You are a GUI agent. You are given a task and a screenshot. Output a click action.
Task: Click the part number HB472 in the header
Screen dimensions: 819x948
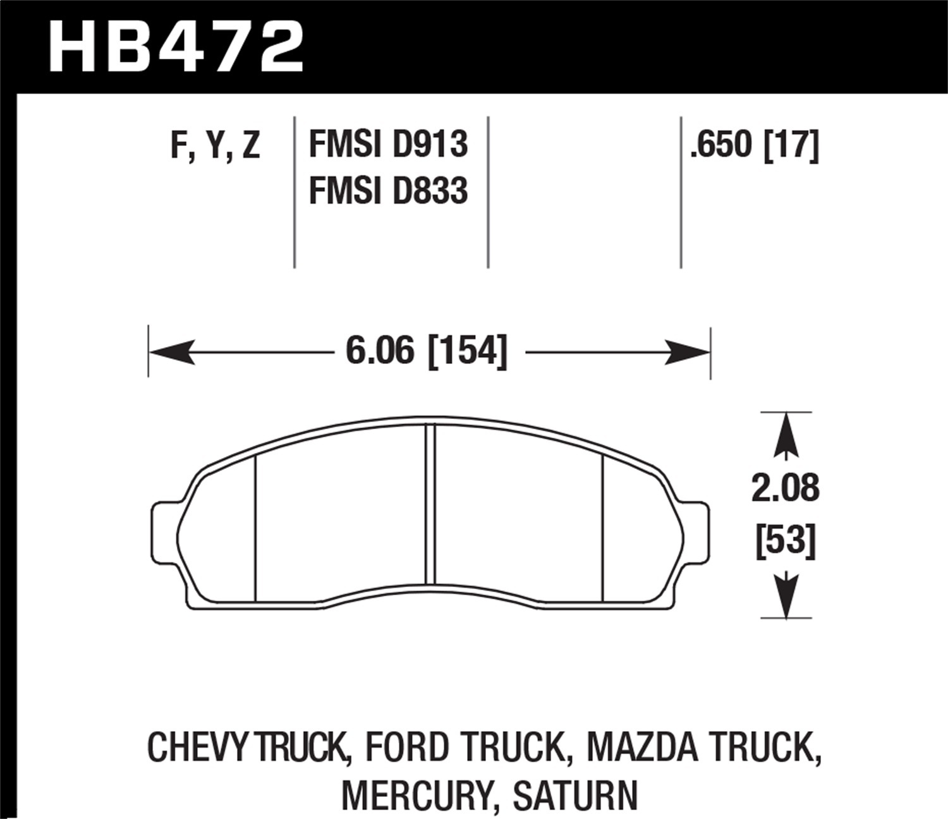click(x=176, y=48)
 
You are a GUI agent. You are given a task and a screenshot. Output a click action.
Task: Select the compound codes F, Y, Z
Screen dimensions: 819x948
click(x=215, y=145)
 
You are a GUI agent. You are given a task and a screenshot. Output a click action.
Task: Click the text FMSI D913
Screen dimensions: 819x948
click(x=388, y=144)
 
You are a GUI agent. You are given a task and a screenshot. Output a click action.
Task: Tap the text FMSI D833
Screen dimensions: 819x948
click(x=388, y=190)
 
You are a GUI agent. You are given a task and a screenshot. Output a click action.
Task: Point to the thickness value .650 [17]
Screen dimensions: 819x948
click(x=754, y=145)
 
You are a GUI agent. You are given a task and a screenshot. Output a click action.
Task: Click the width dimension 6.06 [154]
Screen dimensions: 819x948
click(x=426, y=351)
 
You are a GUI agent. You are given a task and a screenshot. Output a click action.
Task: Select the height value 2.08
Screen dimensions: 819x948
click(x=785, y=488)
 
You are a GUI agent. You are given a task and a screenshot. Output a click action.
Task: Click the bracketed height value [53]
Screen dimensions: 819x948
click(x=786, y=541)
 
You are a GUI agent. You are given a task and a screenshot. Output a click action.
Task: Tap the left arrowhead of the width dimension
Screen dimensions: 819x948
click(x=171, y=352)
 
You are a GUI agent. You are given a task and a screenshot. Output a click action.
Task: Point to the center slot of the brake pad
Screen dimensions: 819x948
click(x=430, y=504)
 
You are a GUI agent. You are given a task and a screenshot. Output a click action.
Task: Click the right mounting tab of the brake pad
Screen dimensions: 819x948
click(x=696, y=531)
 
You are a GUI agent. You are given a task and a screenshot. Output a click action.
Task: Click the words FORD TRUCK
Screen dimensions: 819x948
click(x=465, y=748)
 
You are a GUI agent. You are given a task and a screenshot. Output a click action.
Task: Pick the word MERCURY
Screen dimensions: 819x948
click(x=416, y=795)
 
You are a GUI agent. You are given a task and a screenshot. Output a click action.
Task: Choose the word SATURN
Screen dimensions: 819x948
click(x=575, y=795)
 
